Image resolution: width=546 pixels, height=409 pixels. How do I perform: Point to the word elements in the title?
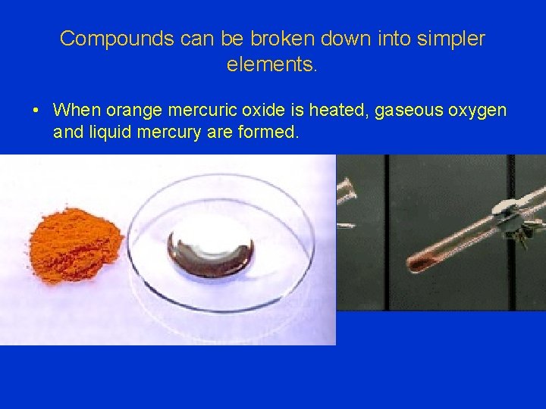270,65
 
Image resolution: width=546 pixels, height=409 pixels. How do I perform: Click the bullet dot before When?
36,111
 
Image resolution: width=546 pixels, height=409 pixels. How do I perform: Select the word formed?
269,133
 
